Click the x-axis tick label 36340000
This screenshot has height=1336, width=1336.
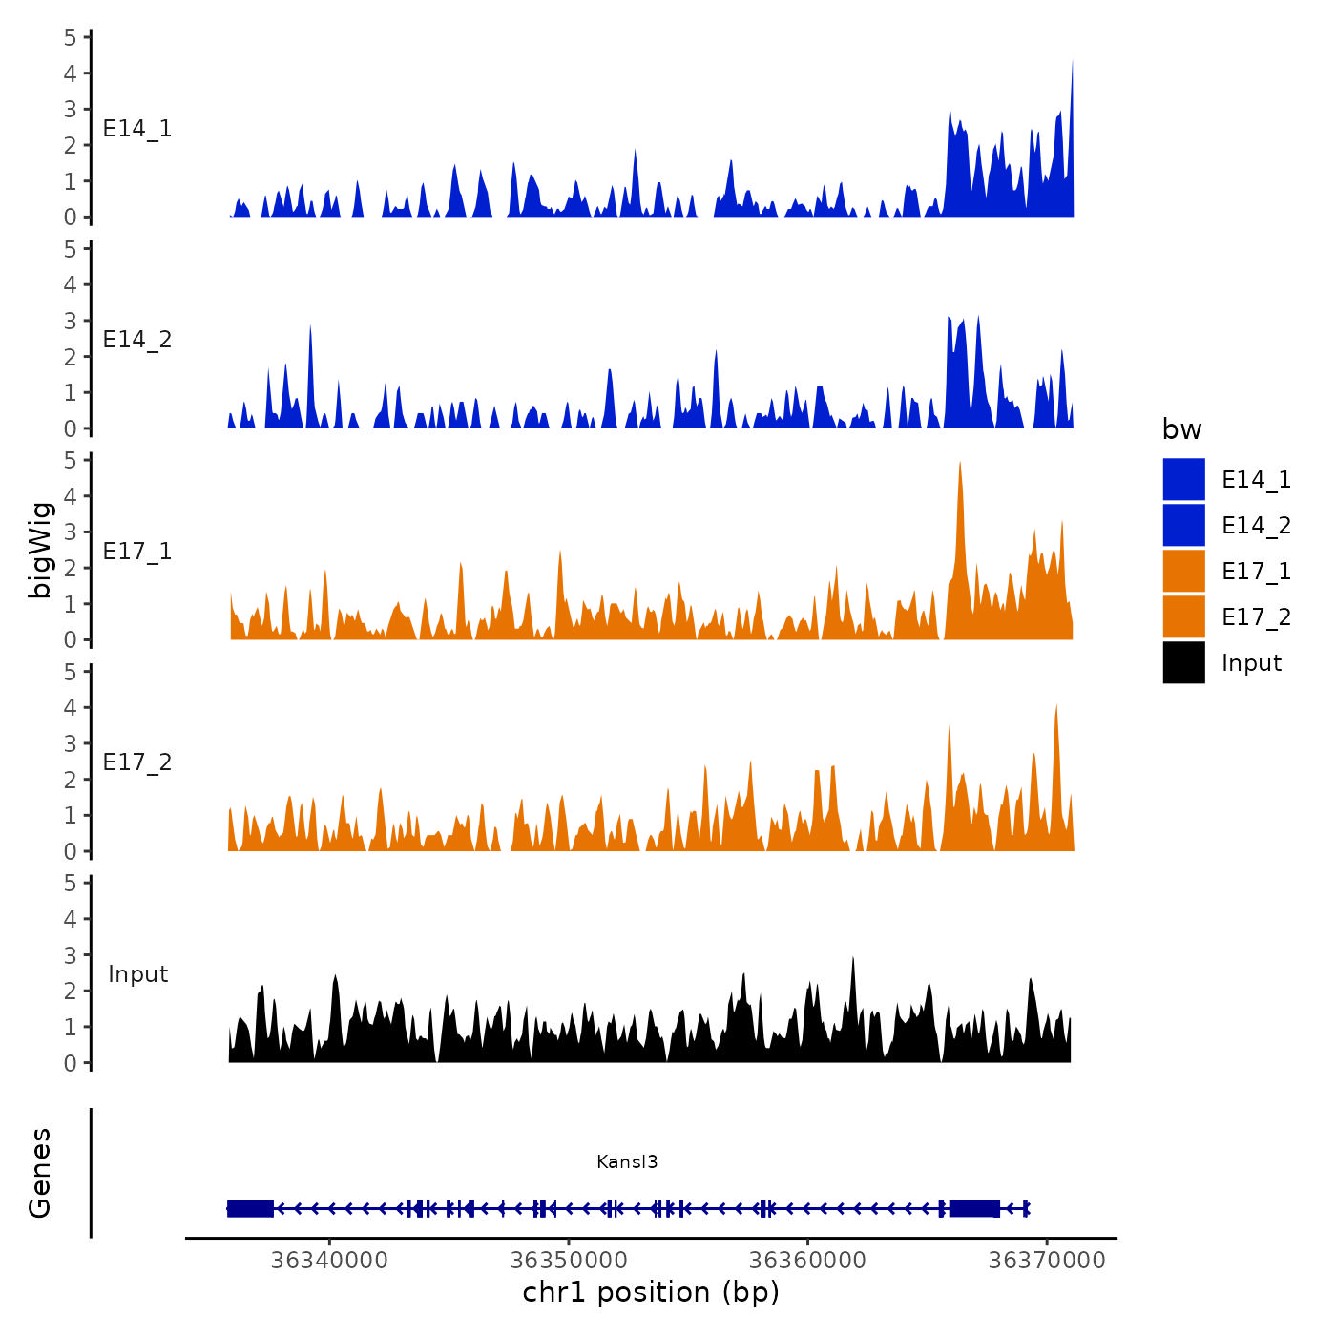(x=329, y=1260)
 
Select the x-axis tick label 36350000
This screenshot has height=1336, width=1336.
(x=569, y=1260)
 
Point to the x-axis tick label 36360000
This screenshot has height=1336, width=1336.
(x=807, y=1260)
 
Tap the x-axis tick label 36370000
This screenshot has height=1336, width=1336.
(x=1047, y=1260)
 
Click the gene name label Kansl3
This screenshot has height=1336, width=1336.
(x=627, y=1161)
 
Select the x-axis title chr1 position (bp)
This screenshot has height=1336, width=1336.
(x=651, y=1292)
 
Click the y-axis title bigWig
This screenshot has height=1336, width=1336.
(x=40, y=550)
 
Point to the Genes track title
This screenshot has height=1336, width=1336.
(x=40, y=1173)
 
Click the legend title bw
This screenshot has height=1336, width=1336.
(x=1181, y=429)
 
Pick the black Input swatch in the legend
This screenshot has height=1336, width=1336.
(x=1183, y=662)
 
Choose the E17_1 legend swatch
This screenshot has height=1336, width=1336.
(x=1183, y=571)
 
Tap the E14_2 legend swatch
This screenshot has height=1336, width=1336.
(x=1183, y=525)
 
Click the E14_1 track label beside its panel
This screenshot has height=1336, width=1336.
(x=137, y=129)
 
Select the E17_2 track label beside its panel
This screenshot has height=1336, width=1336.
(x=137, y=762)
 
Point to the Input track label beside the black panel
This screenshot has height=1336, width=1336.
(x=137, y=974)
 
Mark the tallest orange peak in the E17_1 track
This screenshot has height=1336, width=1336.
(x=959, y=466)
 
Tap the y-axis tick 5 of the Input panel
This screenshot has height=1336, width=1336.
(x=70, y=883)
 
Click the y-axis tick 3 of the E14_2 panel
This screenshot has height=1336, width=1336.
(x=70, y=321)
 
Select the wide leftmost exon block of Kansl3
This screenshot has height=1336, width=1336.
(x=250, y=1208)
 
